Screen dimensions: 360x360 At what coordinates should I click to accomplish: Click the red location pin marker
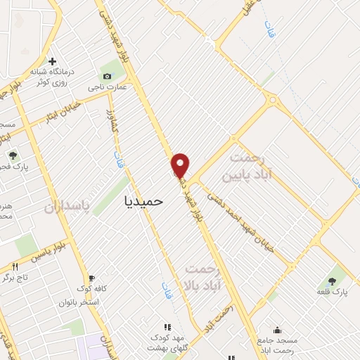pos(181,165)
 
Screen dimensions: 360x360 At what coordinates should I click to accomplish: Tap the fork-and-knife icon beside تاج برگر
pos(15,266)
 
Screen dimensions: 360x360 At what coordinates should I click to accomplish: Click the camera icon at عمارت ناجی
pos(107,76)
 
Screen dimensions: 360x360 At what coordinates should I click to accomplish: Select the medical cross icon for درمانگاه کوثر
pos(53,61)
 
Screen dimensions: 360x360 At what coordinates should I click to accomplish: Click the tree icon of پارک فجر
pos(12,155)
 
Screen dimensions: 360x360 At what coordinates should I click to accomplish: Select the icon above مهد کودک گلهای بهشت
pos(167,327)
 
